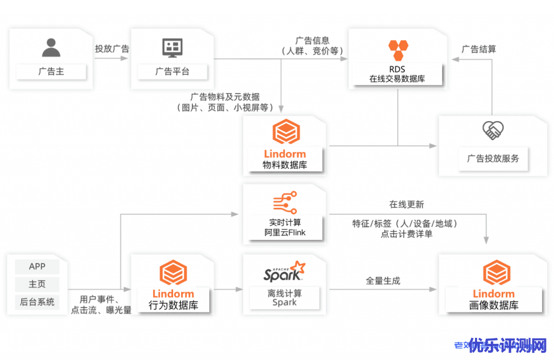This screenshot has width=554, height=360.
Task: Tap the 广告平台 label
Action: point(173,71)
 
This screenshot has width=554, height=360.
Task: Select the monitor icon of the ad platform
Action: point(173,48)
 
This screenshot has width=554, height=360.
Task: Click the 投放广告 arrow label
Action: point(112,48)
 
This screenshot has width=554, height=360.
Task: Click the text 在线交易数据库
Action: point(397,79)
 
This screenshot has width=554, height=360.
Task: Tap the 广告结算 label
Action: point(478,49)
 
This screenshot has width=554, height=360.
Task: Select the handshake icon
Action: point(493,130)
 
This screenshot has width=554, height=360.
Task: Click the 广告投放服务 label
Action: point(493,159)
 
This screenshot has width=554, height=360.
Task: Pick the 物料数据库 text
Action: point(285,165)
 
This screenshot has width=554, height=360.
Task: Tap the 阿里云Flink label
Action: point(285,233)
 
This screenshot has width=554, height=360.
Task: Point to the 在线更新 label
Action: point(407,205)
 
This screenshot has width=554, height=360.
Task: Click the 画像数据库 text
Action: point(493,305)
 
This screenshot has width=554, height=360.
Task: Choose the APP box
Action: point(37,266)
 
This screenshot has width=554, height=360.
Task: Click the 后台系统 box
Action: point(37,302)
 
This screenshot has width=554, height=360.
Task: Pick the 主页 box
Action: point(37,284)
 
